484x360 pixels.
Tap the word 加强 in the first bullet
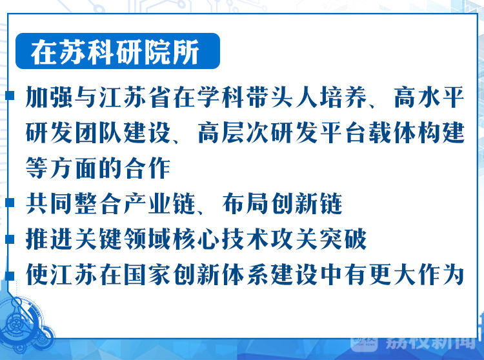tap(50, 97)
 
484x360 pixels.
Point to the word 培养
tap(343, 97)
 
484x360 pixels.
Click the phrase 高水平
tap(429, 97)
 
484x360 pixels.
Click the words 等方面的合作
tap(98, 168)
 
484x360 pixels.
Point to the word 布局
tap(245, 204)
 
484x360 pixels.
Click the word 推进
tap(50, 239)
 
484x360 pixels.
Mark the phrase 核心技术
tap(221, 239)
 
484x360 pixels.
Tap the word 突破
tap(343, 239)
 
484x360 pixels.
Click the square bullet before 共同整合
tap(10, 203)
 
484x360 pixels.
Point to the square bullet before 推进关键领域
tap(10, 239)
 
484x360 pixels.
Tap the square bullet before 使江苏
tap(10, 275)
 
